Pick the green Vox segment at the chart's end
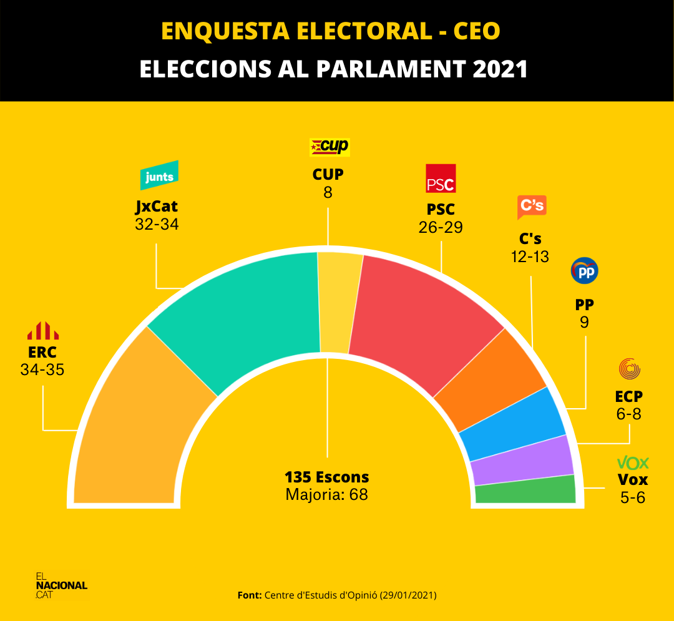point(525,491)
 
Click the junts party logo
point(159,177)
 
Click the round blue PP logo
point(585,271)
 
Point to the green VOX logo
point(633,463)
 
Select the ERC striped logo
point(42,331)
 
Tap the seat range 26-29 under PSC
point(441,227)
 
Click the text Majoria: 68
point(326,495)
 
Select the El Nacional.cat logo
point(61,585)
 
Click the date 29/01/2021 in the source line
point(408,595)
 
